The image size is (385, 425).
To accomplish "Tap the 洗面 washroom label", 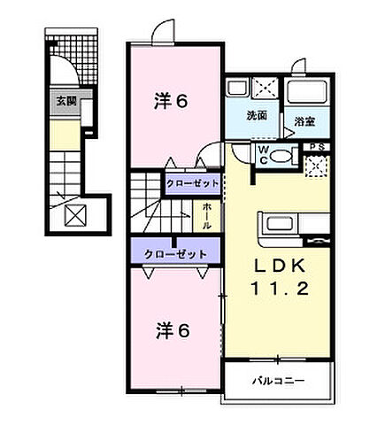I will tap(257, 115).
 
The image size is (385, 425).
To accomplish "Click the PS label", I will tap(315, 146).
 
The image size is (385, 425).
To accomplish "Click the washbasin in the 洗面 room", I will tap(237, 89).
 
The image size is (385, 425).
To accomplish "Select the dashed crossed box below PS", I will tap(317, 165).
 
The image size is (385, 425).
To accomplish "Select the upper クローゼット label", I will tap(189, 183).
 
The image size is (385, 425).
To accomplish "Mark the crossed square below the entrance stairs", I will tap(73, 215).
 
